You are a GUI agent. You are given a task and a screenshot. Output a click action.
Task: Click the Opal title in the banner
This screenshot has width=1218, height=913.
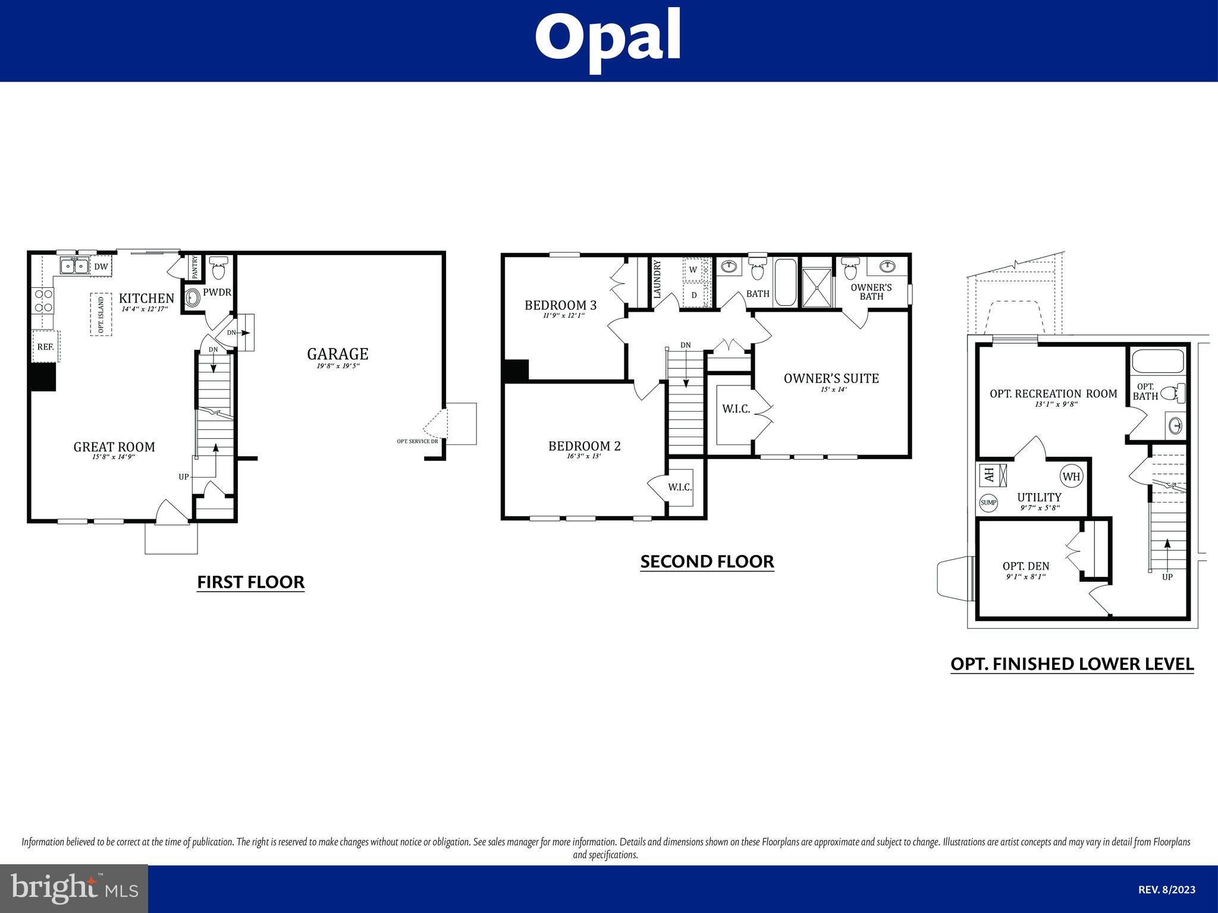[x=608, y=39]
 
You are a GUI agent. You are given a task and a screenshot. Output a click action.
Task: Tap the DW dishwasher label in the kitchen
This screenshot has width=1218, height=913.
[x=101, y=266]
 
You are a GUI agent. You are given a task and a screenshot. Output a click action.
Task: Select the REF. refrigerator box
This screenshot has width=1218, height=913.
[x=46, y=346]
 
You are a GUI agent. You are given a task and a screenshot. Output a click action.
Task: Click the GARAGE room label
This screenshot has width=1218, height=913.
[x=338, y=354]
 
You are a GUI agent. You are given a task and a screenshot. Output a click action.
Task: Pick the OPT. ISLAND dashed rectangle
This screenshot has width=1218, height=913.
[x=101, y=314]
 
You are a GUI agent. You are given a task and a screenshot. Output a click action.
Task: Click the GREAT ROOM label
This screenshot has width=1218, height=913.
[x=114, y=447]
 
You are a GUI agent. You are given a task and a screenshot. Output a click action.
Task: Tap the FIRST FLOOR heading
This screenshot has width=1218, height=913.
[x=251, y=582]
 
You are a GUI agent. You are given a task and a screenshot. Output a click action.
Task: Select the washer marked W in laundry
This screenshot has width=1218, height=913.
[x=693, y=269]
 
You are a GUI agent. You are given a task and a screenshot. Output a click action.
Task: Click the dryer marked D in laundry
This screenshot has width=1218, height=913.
[x=693, y=295]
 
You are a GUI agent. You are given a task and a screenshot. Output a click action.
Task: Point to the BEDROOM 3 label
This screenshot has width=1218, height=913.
[x=560, y=305]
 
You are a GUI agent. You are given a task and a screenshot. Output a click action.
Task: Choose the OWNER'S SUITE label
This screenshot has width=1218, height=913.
[x=831, y=378]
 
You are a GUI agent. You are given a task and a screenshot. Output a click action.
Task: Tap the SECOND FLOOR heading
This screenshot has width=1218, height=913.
[x=707, y=561]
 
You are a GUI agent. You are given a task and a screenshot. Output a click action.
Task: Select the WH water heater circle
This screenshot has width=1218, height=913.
[x=1071, y=476]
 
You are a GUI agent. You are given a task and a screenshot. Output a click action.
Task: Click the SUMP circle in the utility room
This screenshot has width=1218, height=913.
[x=988, y=503]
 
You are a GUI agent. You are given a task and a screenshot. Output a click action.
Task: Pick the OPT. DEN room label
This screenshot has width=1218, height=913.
[x=1026, y=566]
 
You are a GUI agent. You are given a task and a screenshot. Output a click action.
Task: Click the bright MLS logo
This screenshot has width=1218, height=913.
[x=74, y=889]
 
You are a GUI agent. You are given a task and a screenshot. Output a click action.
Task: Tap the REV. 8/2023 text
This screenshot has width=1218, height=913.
[x=1167, y=890]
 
